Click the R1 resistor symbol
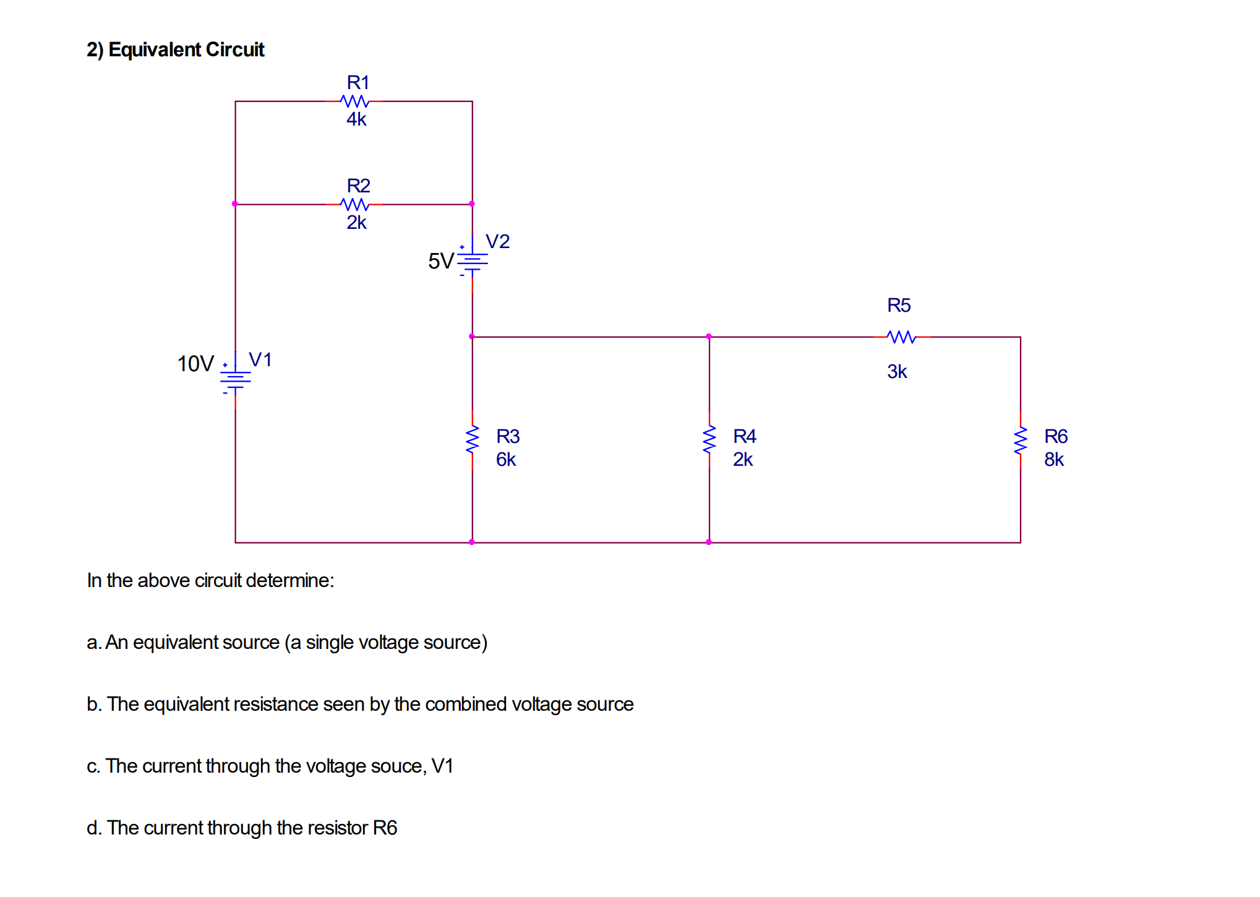(354, 101)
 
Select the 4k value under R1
(356, 119)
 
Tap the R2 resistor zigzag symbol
(354, 204)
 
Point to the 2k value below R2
(356, 223)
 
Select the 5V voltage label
(440, 261)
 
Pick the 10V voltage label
(195, 364)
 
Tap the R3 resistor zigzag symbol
(473, 440)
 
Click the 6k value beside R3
(505, 460)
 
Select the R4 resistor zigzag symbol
(709, 440)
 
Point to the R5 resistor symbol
(901, 337)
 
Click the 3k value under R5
(897, 372)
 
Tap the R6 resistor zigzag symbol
(1020, 440)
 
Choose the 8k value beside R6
(1054, 460)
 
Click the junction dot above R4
(709, 337)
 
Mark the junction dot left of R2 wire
(235, 204)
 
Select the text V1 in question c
(442, 766)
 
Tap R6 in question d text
(385, 828)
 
